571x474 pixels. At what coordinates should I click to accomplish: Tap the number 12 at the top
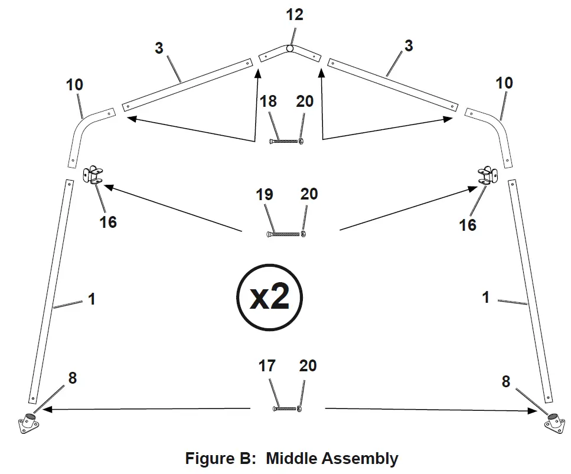pyautogui.click(x=294, y=15)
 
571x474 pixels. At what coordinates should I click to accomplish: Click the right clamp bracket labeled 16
pyautogui.click(x=487, y=175)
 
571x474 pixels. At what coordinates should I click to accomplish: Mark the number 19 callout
pyautogui.click(x=265, y=194)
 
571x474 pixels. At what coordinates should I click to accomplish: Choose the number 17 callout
pyautogui.click(x=267, y=367)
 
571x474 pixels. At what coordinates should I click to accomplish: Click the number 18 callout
pyautogui.click(x=268, y=102)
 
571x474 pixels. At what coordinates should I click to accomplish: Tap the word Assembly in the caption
pyautogui.click(x=361, y=459)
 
